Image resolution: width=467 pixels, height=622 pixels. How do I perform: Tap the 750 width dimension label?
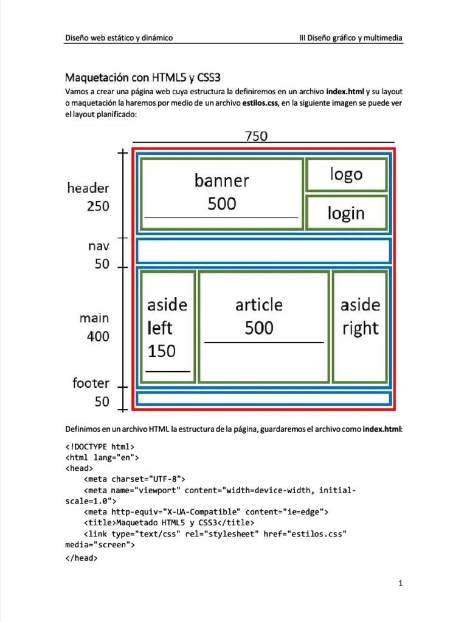(x=256, y=137)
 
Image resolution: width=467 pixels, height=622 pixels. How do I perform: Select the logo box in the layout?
(x=346, y=175)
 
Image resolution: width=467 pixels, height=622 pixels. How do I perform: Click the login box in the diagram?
(x=346, y=213)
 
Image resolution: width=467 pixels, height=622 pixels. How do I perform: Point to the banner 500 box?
(x=222, y=193)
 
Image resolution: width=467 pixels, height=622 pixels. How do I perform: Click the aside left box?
(x=167, y=327)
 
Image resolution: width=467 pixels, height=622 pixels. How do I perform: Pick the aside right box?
(x=360, y=327)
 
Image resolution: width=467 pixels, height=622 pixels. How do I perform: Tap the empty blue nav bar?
(x=263, y=251)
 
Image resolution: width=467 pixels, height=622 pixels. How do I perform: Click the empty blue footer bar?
(x=263, y=399)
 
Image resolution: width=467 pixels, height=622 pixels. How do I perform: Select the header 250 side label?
(x=89, y=197)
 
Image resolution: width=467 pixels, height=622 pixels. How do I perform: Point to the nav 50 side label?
(x=99, y=255)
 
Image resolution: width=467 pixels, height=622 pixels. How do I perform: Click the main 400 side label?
(x=94, y=327)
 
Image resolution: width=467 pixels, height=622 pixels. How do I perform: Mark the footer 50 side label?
(x=91, y=392)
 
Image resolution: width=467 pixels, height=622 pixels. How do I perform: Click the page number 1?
(x=401, y=584)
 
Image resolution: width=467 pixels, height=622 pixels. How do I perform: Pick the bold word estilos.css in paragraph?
(x=260, y=103)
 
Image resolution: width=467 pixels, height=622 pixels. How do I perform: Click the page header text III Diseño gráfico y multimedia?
(x=351, y=38)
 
